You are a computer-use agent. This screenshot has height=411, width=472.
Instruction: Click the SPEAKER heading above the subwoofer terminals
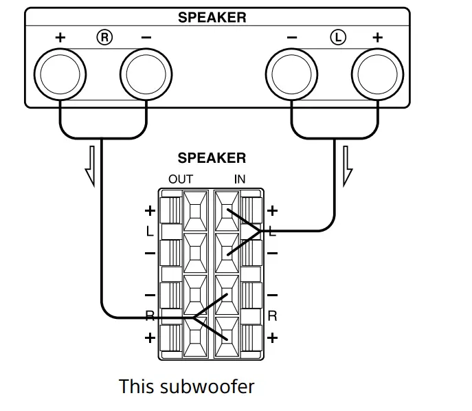tap(212, 158)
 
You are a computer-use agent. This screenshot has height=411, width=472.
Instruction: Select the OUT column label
tap(181, 179)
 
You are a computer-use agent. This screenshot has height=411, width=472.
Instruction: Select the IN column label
tap(239, 179)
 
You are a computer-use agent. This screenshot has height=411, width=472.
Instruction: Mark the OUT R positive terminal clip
tap(195, 337)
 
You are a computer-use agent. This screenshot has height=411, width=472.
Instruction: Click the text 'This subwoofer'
tap(186, 386)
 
